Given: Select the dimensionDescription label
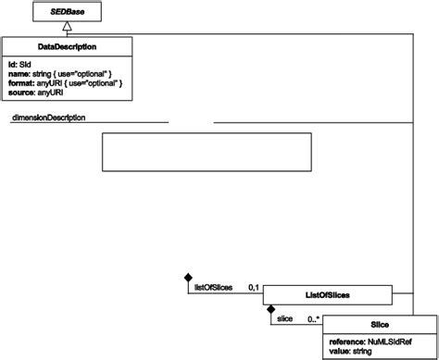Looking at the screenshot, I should [50, 118].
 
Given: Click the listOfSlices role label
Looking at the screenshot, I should [214, 289].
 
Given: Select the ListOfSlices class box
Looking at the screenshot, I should [326, 295].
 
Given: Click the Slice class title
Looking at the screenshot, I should [378, 325].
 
